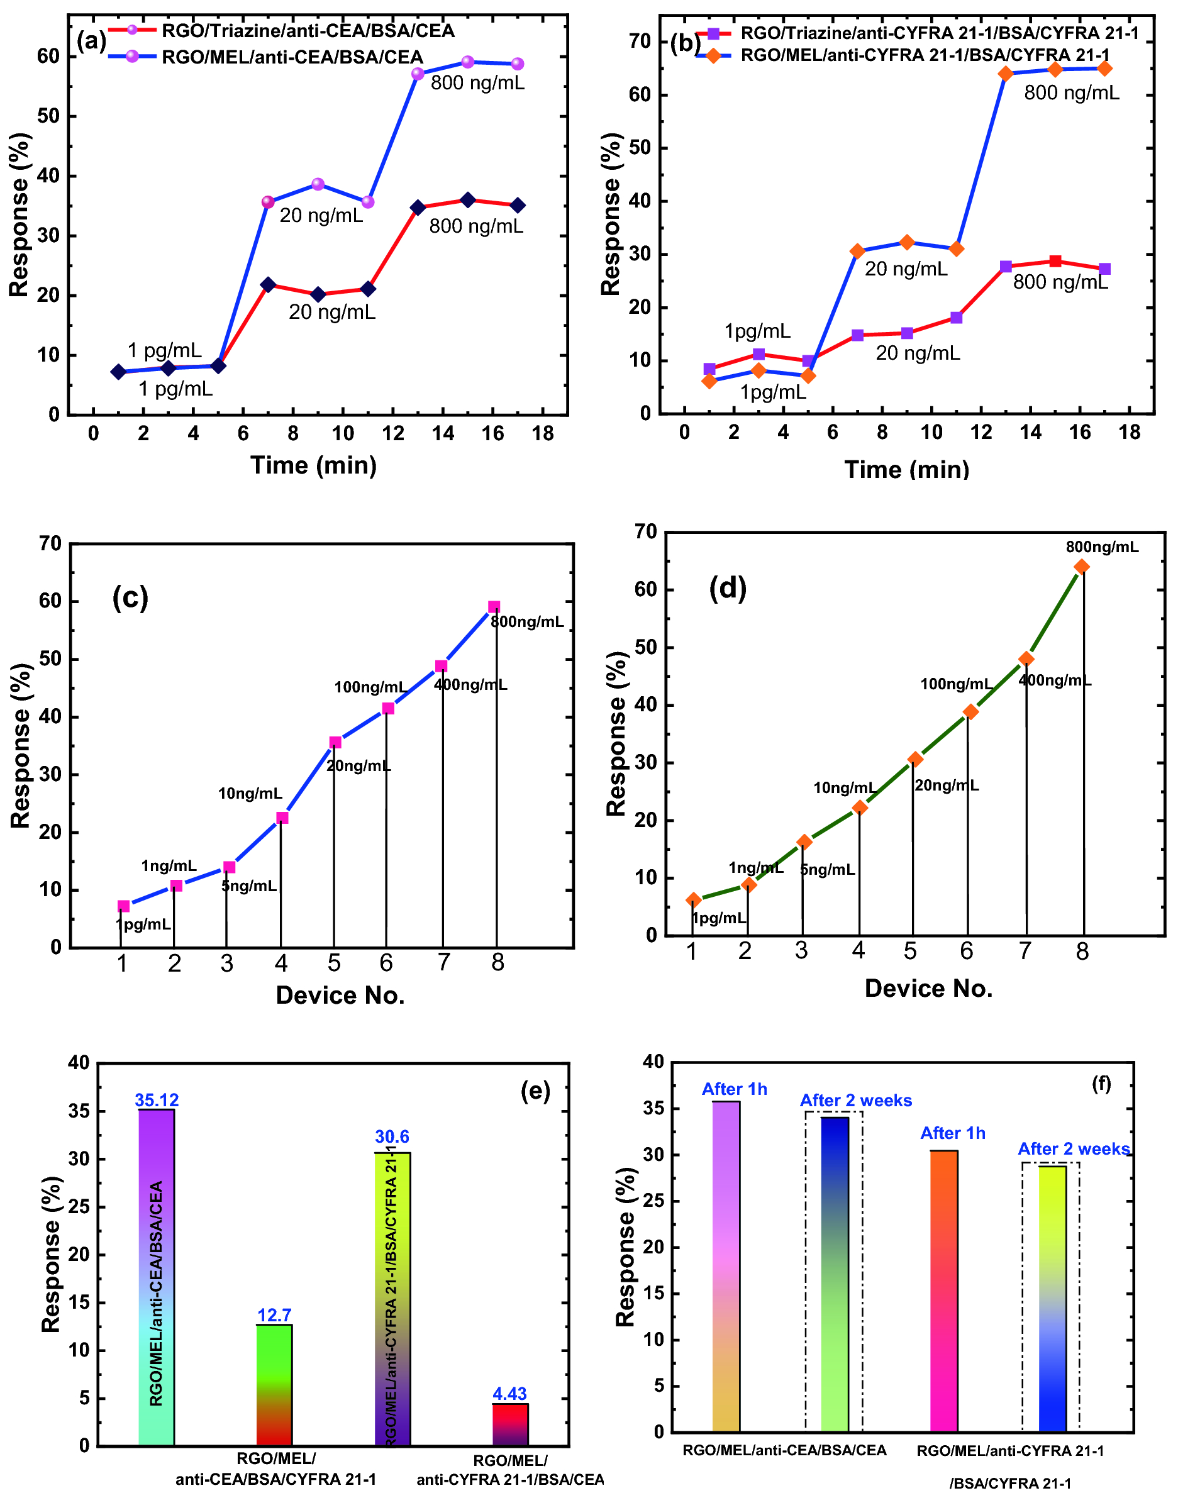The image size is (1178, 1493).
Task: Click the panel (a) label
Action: (91, 42)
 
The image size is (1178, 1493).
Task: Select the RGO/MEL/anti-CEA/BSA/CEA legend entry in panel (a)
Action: (292, 57)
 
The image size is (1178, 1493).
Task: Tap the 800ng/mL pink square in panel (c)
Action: (494, 607)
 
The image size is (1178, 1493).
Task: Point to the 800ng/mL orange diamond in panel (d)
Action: (1081, 567)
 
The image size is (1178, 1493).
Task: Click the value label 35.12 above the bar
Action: (157, 1100)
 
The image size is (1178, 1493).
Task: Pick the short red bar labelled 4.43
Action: (509, 1424)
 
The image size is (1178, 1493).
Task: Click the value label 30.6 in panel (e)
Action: (392, 1136)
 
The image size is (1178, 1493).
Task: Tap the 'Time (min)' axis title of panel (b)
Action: (906, 470)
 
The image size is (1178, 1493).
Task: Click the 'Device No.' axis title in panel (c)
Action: (340, 995)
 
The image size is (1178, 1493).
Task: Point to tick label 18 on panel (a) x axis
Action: (543, 434)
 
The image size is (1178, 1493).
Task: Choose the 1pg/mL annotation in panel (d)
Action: (720, 918)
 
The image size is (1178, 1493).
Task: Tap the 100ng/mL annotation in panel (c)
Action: (370, 687)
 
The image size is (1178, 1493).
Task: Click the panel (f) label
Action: (1101, 1084)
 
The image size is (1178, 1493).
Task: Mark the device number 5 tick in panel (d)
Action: (911, 951)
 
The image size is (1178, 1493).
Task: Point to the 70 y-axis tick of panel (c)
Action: (50, 543)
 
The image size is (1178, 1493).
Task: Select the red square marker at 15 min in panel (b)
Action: (1055, 262)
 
